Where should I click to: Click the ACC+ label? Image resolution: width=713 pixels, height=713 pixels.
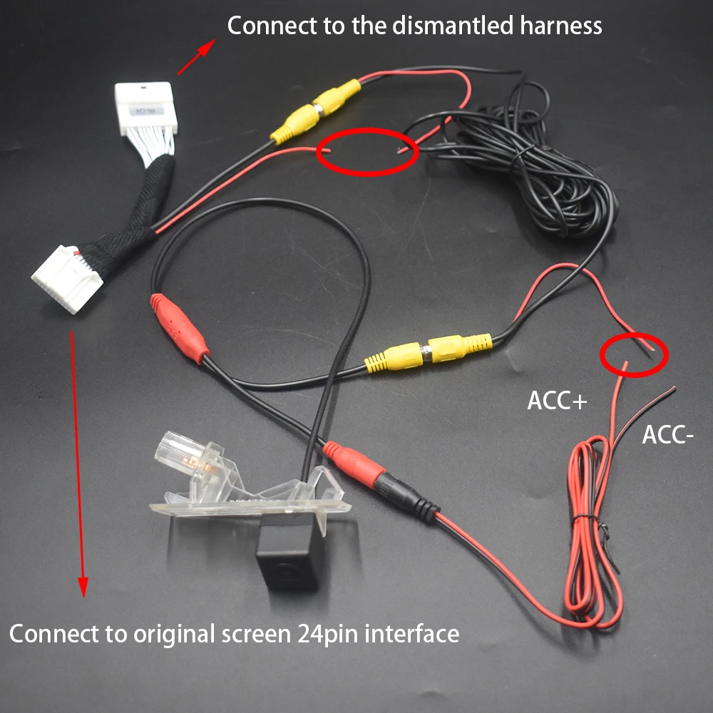[557, 401]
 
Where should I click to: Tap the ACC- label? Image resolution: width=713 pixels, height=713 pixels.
[667, 434]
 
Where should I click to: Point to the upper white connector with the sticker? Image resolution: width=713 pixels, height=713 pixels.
[144, 108]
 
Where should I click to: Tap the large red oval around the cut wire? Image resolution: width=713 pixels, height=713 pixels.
[366, 150]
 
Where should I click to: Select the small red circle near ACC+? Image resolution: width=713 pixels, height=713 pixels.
[633, 354]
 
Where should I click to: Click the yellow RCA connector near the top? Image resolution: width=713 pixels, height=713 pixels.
[315, 112]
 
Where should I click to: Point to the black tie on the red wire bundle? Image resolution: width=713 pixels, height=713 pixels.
[585, 515]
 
